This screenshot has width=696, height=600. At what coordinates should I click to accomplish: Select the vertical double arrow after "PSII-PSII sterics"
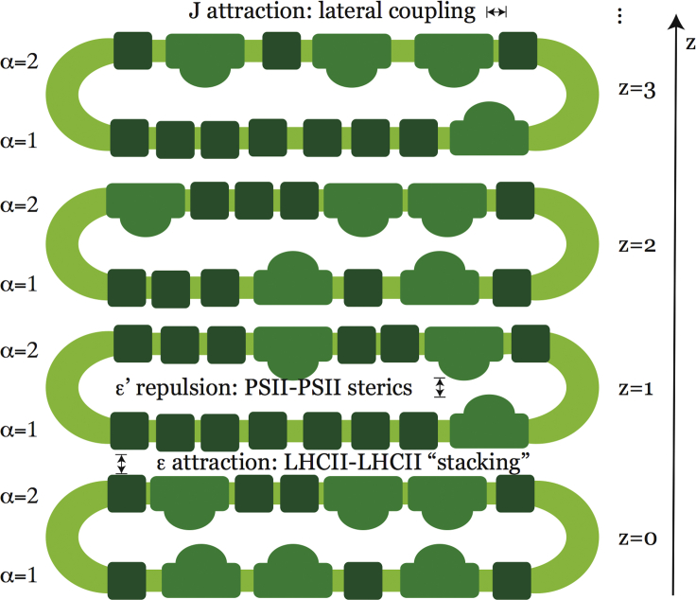[x=439, y=388]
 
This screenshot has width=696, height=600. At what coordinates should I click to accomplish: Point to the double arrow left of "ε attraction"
[x=121, y=464]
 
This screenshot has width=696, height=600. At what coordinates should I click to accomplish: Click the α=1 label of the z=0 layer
[x=20, y=574]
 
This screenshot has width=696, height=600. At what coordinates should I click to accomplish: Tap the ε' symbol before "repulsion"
[x=117, y=386]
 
